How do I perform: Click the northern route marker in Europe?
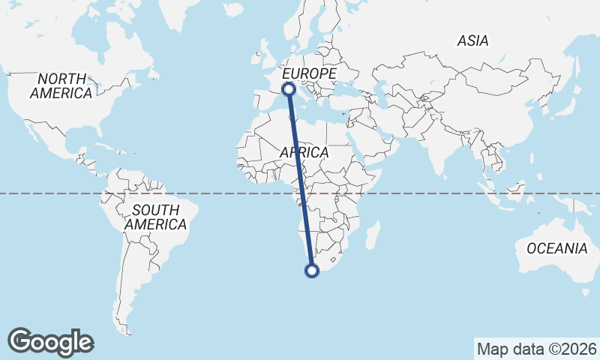point(288,90)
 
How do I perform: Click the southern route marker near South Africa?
point(313,271)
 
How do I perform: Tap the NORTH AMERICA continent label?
point(61,85)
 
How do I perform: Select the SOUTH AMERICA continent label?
point(155,217)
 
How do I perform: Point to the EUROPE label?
point(308,73)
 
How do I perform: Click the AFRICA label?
point(304,152)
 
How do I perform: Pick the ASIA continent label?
point(472,41)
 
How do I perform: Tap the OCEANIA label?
point(556,248)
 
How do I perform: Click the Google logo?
point(50,342)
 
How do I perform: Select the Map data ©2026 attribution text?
point(536,349)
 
